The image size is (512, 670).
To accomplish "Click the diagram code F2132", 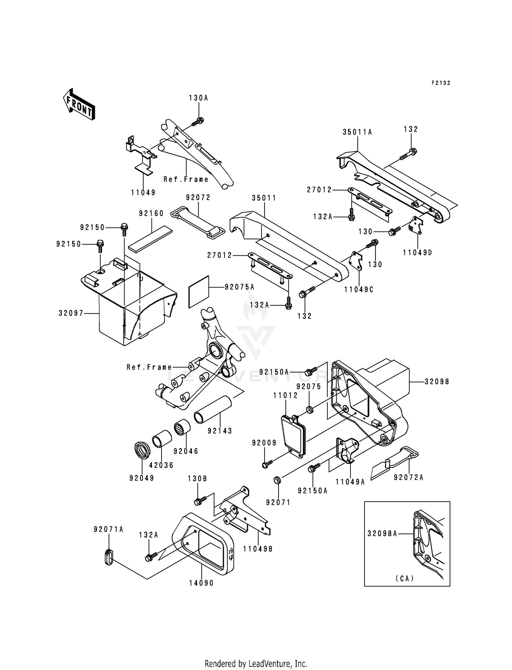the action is (x=441, y=83).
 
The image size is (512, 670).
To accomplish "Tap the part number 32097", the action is (x=71, y=313).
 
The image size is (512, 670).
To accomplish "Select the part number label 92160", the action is (x=151, y=213).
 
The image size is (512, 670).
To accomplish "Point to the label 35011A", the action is (x=357, y=132).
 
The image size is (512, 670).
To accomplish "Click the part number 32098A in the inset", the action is (x=382, y=533).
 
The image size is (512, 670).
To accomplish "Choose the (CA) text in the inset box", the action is (x=405, y=578).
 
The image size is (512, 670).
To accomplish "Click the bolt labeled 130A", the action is (x=198, y=121).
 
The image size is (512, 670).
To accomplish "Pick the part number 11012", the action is (x=286, y=395).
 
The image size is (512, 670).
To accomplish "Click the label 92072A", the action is (x=409, y=477).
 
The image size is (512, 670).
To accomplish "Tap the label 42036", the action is (x=161, y=465).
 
